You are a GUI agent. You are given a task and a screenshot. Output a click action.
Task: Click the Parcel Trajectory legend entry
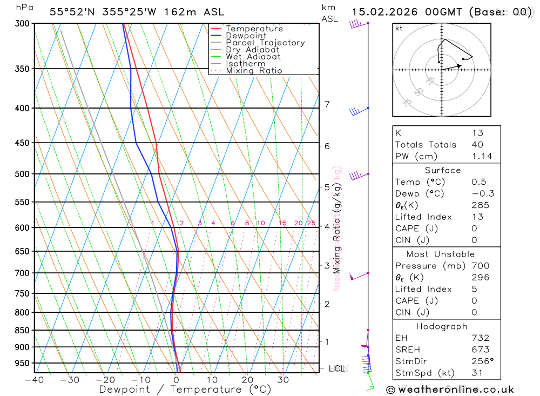click(x=265, y=43)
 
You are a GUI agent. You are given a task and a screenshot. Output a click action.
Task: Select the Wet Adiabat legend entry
click(x=253, y=57)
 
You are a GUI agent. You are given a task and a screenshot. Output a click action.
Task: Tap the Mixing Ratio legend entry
click(x=254, y=71)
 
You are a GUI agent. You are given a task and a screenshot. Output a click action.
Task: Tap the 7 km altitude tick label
click(x=327, y=104)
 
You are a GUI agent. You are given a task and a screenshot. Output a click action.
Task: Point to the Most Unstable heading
click(x=441, y=254)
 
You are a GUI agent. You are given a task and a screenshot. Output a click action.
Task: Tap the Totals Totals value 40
click(x=477, y=145)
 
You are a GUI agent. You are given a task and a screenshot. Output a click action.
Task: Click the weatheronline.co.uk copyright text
click(x=450, y=390)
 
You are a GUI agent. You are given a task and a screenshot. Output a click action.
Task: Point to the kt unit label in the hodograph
click(x=399, y=28)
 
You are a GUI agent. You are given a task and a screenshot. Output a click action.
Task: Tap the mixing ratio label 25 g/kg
click(x=311, y=223)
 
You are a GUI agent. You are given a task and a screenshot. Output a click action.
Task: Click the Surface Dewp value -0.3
click(x=482, y=193)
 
